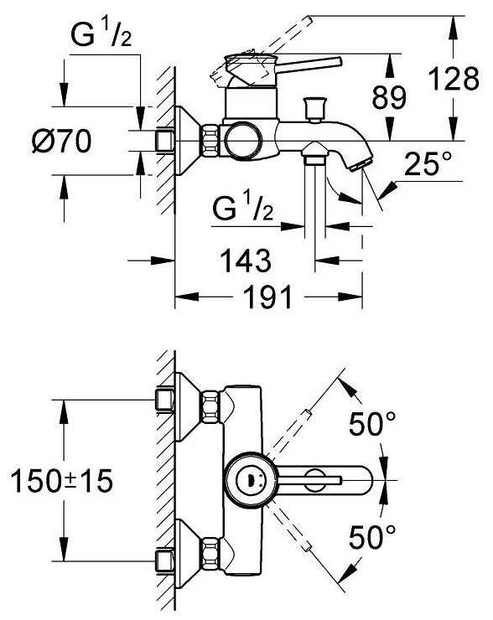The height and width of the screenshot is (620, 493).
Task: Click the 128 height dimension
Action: pos(454,79)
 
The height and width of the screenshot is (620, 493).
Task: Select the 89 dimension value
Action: pos(389,98)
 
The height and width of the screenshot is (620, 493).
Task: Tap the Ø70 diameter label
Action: pos(61,141)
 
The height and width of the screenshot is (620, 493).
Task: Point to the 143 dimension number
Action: pos(246,261)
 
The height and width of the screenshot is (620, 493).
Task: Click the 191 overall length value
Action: pos(267,297)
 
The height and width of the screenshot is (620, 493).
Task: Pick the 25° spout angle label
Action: pos(428,163)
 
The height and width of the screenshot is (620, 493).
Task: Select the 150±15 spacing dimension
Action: pos(62,481)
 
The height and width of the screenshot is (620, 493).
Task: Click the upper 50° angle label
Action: pos(372,423)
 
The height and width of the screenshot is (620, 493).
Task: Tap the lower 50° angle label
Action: pos(372,536)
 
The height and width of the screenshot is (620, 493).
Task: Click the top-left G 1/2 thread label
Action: pos(101,35)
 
